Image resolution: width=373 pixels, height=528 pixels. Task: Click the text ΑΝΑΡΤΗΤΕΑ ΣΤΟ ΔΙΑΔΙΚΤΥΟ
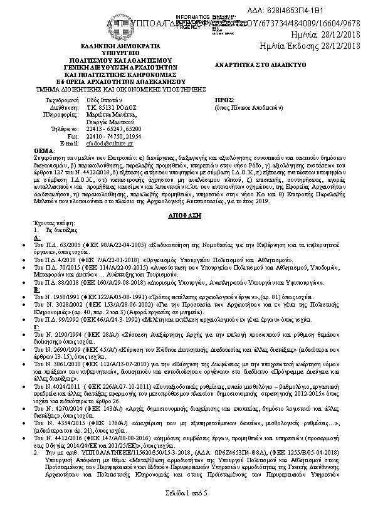click(252, 65)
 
